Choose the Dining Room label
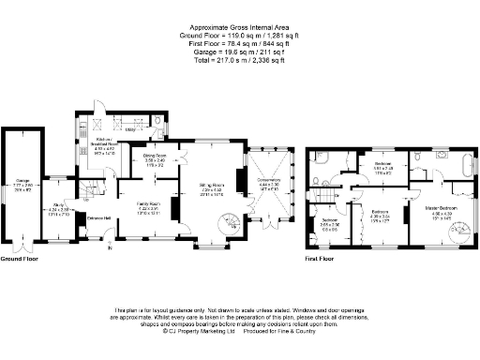pyautogui.click(x=155, y=157)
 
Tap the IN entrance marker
pyautogui.click(x=109, y=248)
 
